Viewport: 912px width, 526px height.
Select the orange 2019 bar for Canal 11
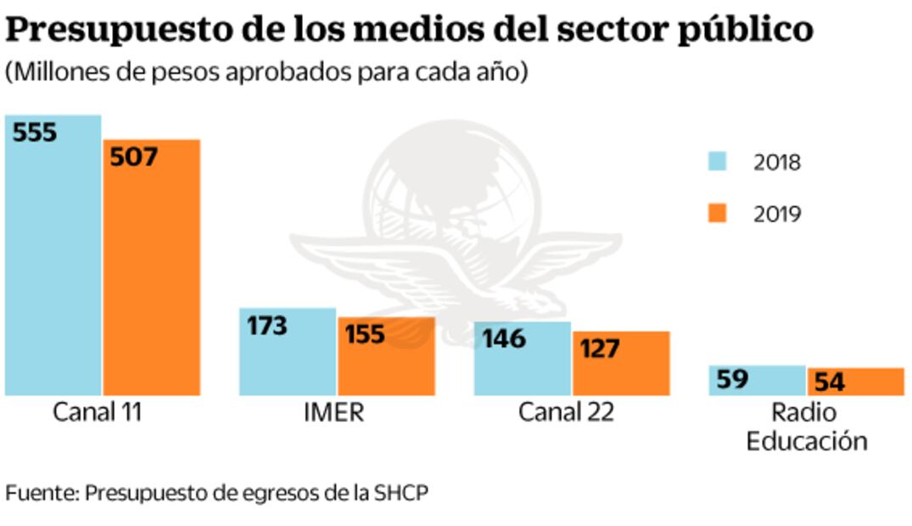(152, 280)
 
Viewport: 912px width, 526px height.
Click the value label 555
(34, 132)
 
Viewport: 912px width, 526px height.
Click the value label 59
(730, 378)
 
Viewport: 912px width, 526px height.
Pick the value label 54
(828, 382)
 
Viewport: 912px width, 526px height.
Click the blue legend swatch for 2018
(718, 162)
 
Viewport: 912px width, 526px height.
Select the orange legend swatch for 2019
(718, 214)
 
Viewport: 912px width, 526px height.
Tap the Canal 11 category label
(98, 413)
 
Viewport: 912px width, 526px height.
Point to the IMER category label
(334, 413)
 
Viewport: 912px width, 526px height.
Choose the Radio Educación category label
(806, 428)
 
